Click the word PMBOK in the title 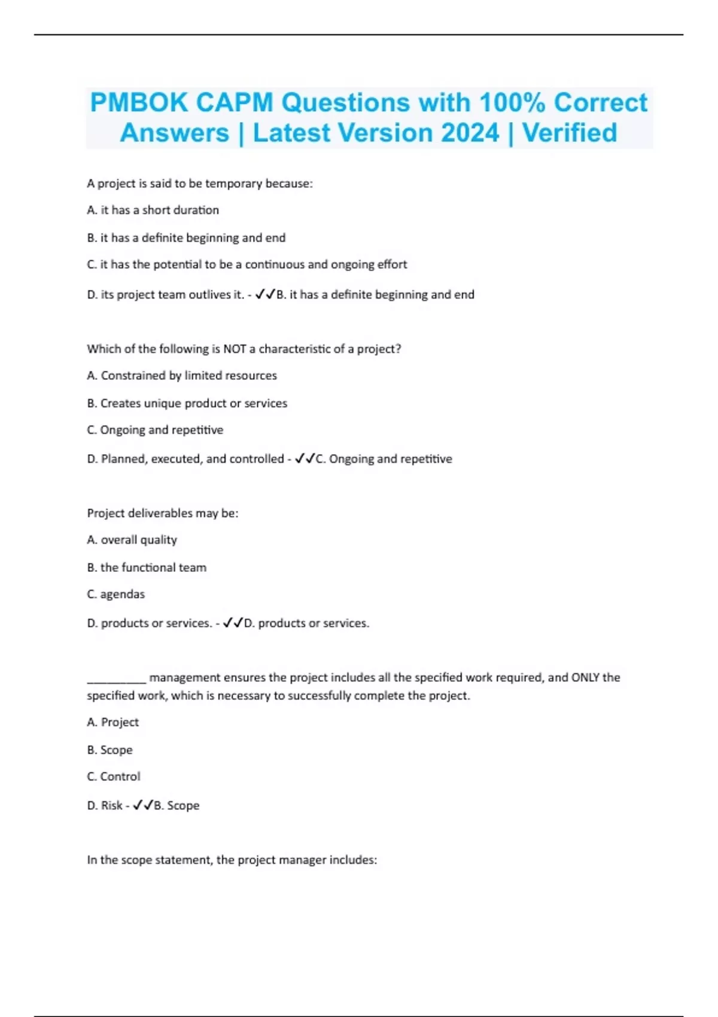coord(139,102)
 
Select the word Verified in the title coord(570,133)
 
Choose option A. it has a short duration coord(153,210)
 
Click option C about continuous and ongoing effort coord(247,264)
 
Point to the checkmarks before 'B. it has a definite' coord(265,294)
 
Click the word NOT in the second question coord(235,349)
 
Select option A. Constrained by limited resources coord(182,376)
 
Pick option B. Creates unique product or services coord(187,403)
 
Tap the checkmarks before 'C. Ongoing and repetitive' coord(305,459)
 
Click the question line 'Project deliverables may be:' coord(163,513)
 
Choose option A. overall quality coord(132,540)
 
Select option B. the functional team coord(147,567)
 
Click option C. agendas coord(115,594)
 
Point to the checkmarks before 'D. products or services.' coord(233,623)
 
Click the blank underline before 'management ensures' coord(116,680)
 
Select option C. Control coord(114,777)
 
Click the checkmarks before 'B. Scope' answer coord(143,806)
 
